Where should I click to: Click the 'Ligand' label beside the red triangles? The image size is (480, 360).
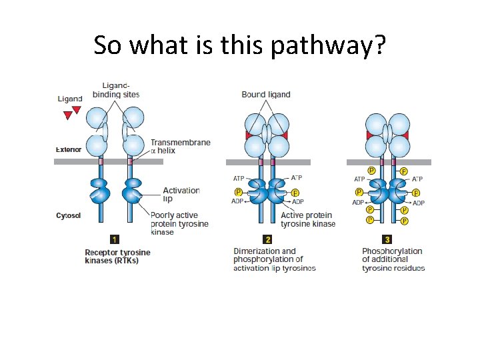click(x=70, y=99)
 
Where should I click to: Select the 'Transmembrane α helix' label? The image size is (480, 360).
click(x=180, y=147)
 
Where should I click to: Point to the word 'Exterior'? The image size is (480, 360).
click(x=69, y=150)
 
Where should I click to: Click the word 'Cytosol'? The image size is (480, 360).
click(x=69, y=215)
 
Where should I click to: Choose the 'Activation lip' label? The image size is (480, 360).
click(x=181, y=195)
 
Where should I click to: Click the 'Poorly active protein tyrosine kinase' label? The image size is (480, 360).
click(x=179, y=223)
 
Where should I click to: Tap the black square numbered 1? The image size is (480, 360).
click(x=115, y=239)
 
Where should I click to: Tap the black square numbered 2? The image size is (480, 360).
click(x=267, y=239)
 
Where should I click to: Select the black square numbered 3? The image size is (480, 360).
click(x=386, y=239)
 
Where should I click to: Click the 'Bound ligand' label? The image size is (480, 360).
click(x=266, y=95)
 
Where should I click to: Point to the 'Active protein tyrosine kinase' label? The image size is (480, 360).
click(x=308, y=219)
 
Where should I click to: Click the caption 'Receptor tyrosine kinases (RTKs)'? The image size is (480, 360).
click(x=117, y=257)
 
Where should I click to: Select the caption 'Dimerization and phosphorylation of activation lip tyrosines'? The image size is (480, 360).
click(x=274, y=259)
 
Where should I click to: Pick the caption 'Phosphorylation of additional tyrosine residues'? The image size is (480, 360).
click(x=393, y=259)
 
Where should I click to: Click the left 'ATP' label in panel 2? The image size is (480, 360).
click(x=238, y=178)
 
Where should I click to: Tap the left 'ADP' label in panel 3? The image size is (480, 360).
click(x=358, y=202)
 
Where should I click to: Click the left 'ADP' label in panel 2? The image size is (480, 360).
click(x=238, y=202)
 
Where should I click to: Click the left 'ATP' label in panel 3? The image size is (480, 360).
click(x=359, y=179)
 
